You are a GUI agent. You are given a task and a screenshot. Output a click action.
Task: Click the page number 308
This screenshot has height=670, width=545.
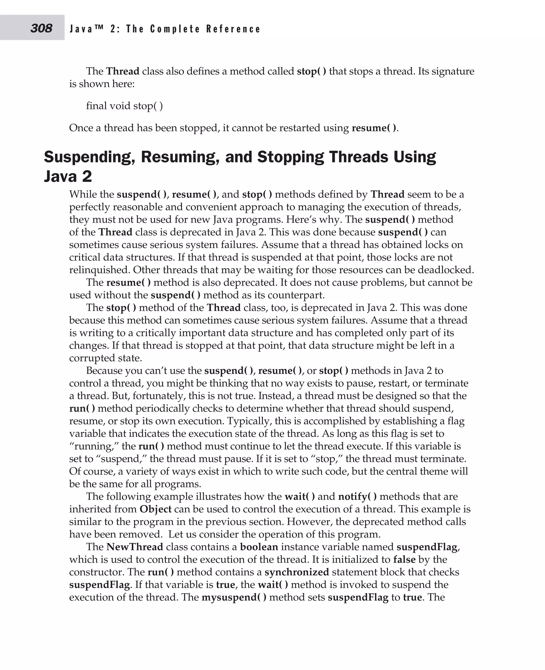41,28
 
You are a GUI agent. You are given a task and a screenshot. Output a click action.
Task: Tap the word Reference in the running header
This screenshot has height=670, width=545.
233,29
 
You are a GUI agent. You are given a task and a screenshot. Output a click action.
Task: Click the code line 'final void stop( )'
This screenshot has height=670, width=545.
124,106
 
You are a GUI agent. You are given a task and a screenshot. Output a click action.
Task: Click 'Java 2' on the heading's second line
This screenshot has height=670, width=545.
68,176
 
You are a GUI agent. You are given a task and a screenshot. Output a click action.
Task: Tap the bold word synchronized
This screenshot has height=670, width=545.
297,572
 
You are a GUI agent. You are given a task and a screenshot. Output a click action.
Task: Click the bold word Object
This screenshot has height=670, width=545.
155,509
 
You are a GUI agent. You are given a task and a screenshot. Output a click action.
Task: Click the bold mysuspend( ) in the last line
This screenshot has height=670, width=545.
234,597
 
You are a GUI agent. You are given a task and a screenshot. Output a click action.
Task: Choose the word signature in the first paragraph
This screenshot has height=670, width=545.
453,71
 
